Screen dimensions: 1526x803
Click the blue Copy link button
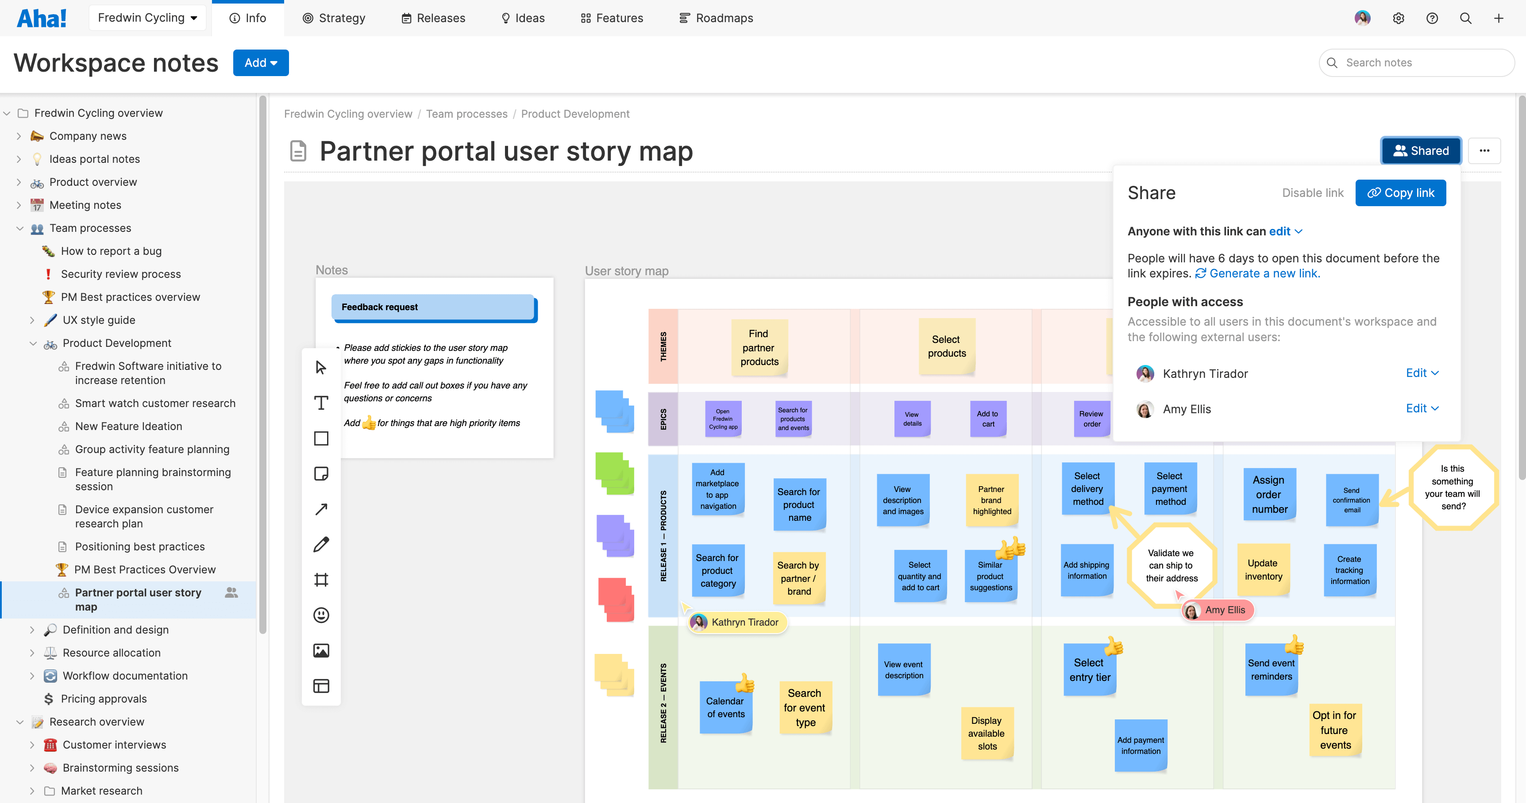pyautogui.click(x=1400, y=193)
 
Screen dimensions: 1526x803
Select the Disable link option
pyautogui.click(x=1313, y=193)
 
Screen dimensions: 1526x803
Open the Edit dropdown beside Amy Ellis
pyautogui.click(x=1422, y=409)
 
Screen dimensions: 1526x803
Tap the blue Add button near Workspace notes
pyautogui.click(x=261, y=63)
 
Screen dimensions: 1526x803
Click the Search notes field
pyautogui.click(x=1416, y=63)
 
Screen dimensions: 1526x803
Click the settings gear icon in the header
pyautogui.click(x=1399, y=18)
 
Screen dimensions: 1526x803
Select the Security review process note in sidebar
pyautogui.click(x=121, y=274)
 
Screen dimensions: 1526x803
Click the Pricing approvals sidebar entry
pyautogui.click(x=104, y=699)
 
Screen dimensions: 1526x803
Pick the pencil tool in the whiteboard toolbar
pyautogui.click(x=321, y=544)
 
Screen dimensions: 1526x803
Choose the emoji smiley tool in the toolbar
pyautogui.click(x=321, y=615)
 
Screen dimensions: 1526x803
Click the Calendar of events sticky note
pyautogui.click(x=726, y=708)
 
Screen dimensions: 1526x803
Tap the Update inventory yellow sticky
pyautogui.click(x=1264, y=570)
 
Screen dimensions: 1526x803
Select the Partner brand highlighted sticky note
pyautogui.click(x=992, y=500)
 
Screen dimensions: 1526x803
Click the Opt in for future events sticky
pyautogui.click(x=1335, y=730)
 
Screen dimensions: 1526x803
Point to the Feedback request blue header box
pyautogui.click(x=434, y=308)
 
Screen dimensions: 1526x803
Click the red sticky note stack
pyautogui.click(x=616, y=599)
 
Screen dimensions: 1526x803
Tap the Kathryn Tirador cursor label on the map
pyautogui.click(x=737, y=622)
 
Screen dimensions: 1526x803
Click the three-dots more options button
pyautogui.click(x=1484, y=150)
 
